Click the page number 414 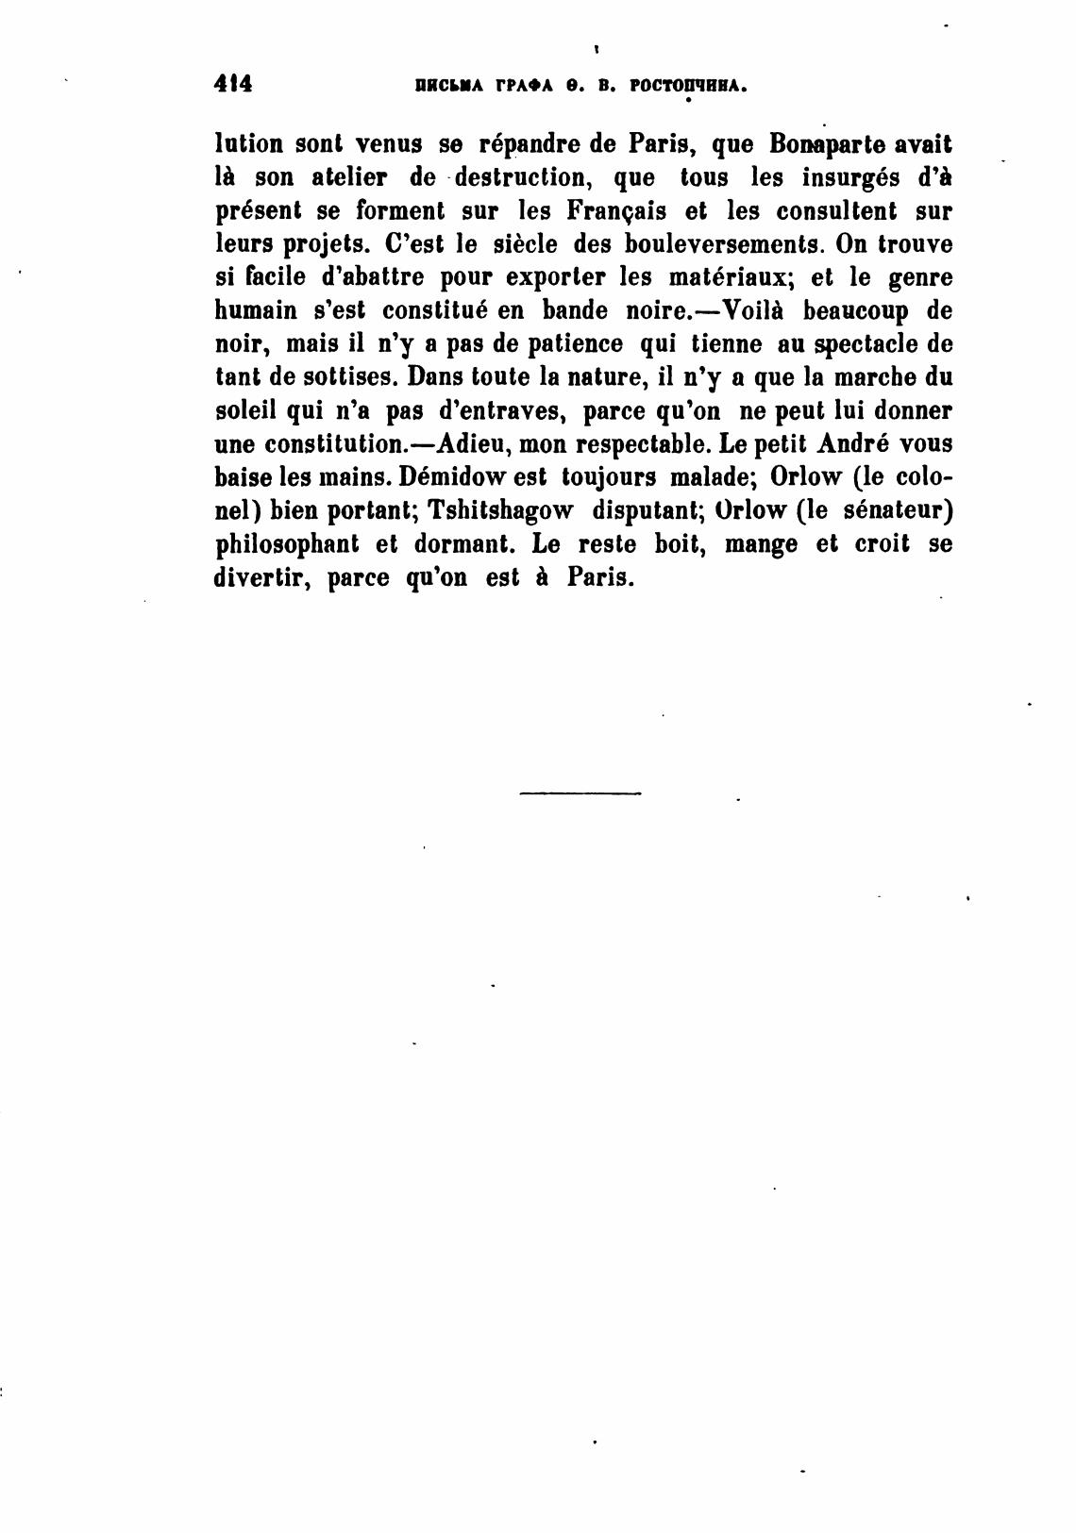(233, 84)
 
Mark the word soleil (248, 411)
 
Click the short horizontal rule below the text (580, 793)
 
